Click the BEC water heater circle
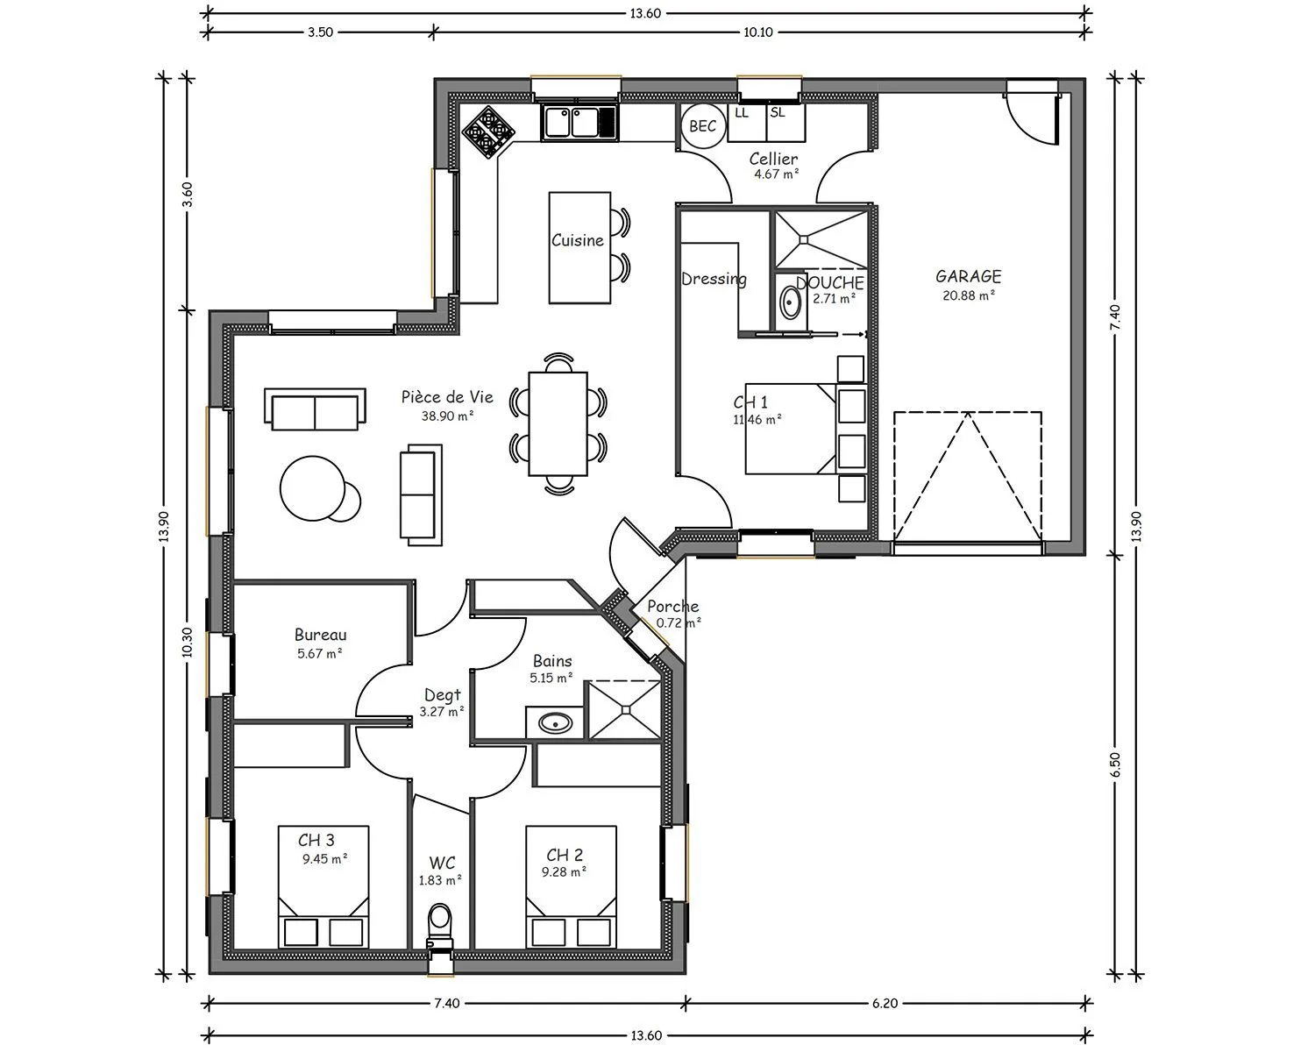703,126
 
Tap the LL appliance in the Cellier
747,123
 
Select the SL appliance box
785,123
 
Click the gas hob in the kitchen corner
488,132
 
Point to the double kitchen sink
579,123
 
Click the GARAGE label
969,276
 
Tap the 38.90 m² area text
448,416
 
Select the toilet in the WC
439,925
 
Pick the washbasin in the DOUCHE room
791,304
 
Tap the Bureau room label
320,635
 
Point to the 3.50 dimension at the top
320,32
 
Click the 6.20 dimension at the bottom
885,1003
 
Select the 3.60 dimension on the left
188,195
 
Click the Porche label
672,607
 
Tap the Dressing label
714,280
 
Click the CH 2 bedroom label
565,855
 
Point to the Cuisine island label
578,240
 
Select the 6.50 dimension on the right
1116,764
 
